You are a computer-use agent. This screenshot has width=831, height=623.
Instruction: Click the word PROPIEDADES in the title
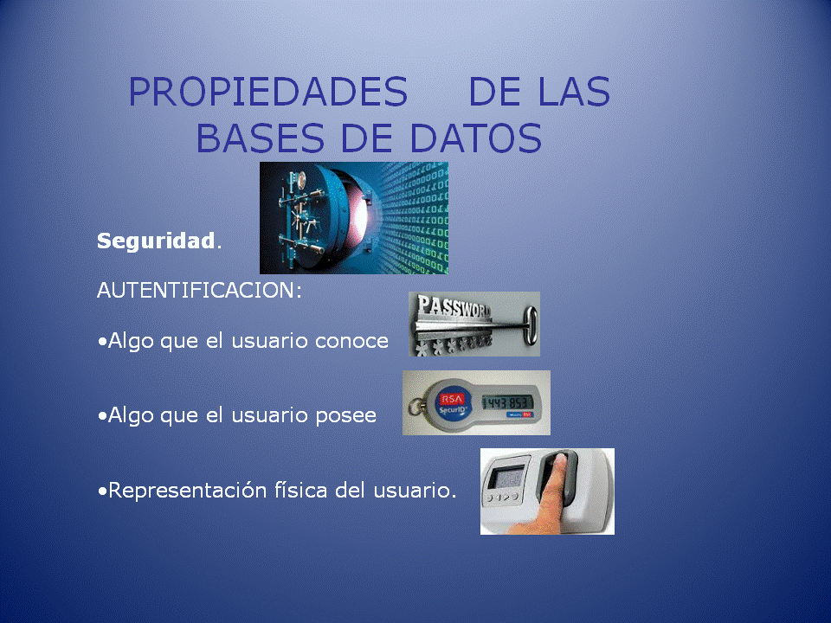click(x=267, y=93)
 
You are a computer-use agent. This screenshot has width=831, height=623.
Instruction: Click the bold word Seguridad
click(x=155, y=241)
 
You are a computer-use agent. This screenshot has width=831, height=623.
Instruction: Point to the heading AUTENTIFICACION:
click(x=199, y=291)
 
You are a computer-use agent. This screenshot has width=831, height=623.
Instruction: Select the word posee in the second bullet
click(x=345, y=415)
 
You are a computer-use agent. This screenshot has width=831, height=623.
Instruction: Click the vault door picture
click(x=353, y=218)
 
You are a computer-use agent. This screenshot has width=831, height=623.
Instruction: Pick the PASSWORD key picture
click(x=473, y=324)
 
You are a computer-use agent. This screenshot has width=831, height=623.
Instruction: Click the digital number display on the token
click(x=506, y=403)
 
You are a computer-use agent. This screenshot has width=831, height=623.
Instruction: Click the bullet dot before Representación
click(x=102, y=491)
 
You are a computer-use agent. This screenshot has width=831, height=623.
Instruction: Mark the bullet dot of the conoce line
click(x=102, y=341)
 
